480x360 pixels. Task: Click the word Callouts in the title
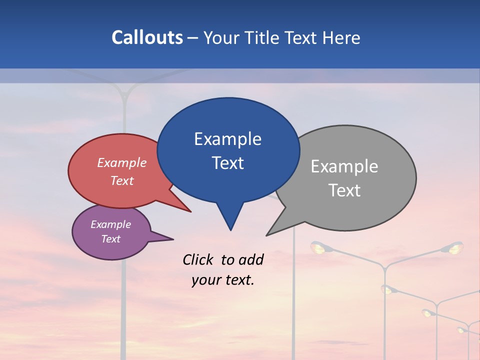point(147,37)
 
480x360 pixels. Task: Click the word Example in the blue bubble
point(227,139)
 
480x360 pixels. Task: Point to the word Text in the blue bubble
point(227,163)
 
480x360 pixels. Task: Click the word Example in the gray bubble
point(344,166)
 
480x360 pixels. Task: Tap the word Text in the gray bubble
point(344,190)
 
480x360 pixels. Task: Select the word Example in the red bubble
point(121,162)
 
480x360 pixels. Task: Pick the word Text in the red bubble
point(121,180)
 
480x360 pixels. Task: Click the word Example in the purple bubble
point(110,224)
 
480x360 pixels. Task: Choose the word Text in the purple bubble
point(110,239)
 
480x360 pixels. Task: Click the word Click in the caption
point(197,259)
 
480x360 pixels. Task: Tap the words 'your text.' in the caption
point(222,280)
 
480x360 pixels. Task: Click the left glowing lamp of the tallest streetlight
point(317,247)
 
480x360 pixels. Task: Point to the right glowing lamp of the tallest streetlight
point(454,247)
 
